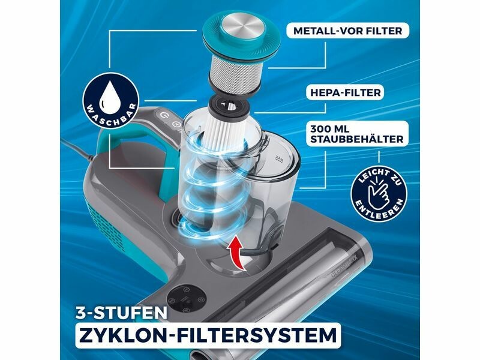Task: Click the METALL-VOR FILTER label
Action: click(347, 31)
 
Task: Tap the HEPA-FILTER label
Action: click(346, 92)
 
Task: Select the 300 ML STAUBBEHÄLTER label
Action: click(357, 134)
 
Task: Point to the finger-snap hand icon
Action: click(379, 194)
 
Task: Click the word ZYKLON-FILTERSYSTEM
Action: click(208, 335)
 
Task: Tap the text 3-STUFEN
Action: click(122, 313)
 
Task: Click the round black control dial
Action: click(186, 300)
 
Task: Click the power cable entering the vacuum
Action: click(78, 150)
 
